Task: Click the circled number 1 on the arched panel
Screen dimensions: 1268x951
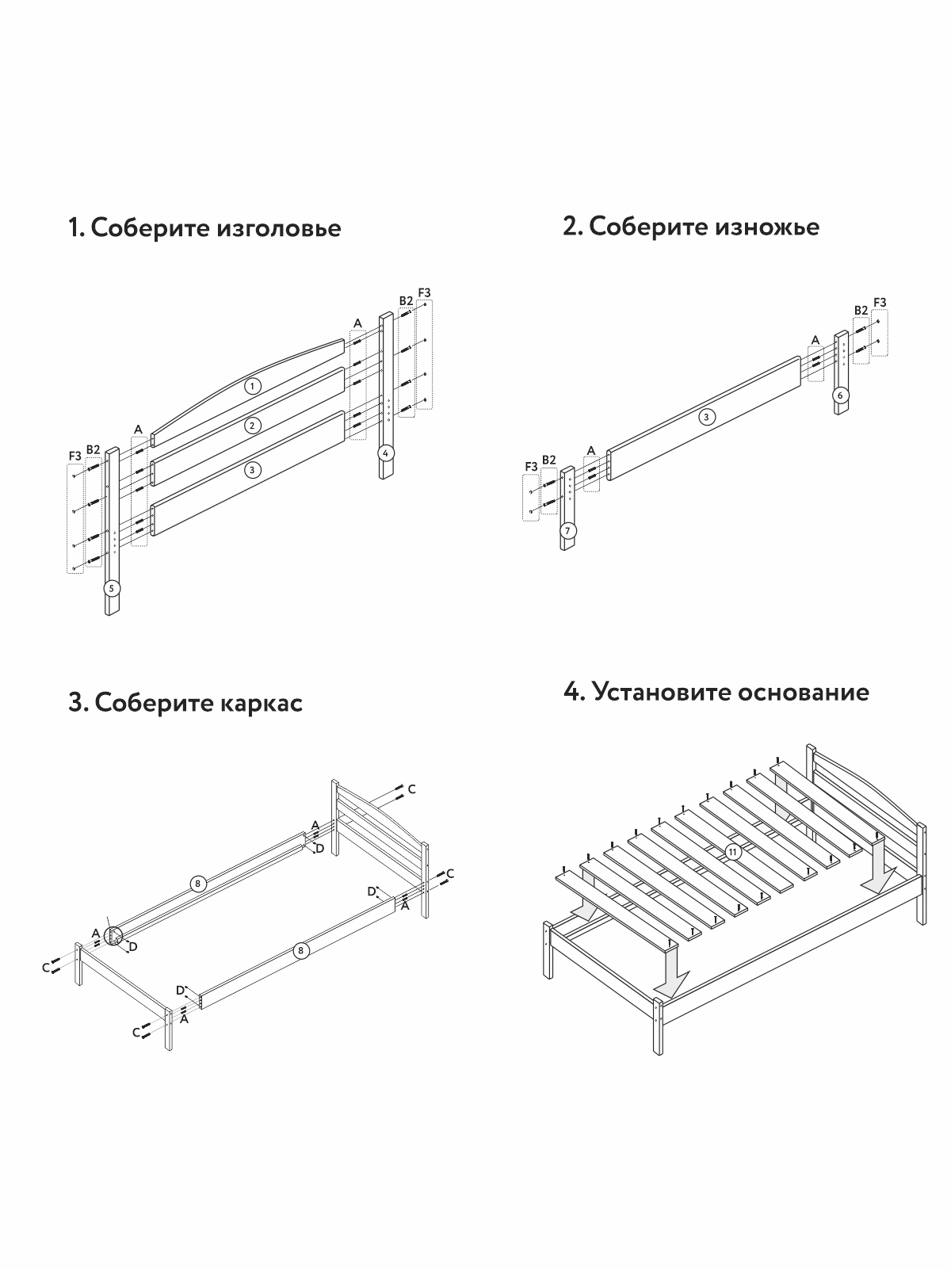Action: tap(252, 386)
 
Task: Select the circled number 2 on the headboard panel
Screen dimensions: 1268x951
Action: tap(252, 426)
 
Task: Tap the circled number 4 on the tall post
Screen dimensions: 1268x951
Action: tap(385, 453)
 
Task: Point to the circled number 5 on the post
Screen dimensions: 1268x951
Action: tap(112, 588)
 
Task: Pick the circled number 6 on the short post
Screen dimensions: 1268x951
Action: tap(842, 395)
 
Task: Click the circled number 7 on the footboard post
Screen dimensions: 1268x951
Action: tap(567, 530)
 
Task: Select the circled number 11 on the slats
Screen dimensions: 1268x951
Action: tap(733, 852)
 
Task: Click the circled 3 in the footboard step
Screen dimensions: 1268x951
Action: tap(706, 416)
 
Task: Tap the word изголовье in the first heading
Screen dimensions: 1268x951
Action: tap(278, 228)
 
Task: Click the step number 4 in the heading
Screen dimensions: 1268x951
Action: tap(573, 692)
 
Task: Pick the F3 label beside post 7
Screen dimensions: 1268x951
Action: tap(530, 467)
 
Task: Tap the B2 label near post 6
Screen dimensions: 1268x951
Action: tap(861, 310)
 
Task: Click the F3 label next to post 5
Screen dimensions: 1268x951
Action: tap(74, 456)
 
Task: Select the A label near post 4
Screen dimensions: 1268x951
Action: tap(357, 323)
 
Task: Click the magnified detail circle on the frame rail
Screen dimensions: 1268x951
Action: tap(113, 936)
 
